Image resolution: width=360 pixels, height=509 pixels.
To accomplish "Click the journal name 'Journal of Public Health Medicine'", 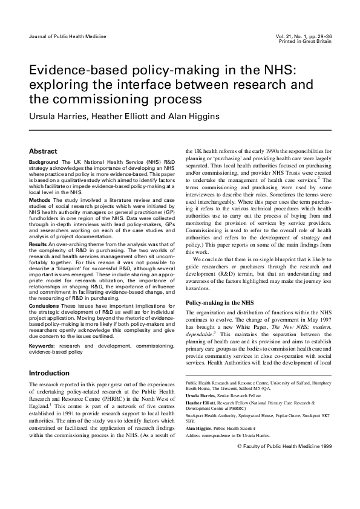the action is point(63,37).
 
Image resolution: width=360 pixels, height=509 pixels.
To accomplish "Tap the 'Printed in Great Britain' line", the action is point(305,41).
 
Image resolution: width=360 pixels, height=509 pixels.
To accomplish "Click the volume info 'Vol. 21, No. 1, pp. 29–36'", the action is point(301,36).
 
